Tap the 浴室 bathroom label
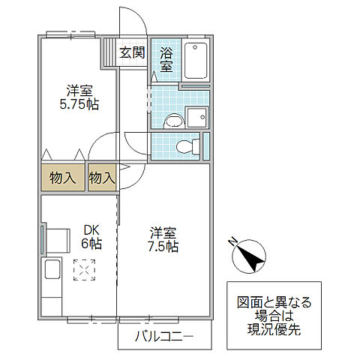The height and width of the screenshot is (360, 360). click(166, 60)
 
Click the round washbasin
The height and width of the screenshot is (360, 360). click(174, 118)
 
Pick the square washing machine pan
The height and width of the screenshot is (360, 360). click(198, 117)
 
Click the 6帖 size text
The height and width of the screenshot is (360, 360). click(91, 244)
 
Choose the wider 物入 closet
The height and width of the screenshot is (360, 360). click(63, 178)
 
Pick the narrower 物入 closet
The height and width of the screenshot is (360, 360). click(102, 178)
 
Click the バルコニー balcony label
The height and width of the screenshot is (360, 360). click(163, 336)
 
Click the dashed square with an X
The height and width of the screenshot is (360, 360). click(85, 268)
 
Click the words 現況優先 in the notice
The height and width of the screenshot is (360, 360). click(274, 330)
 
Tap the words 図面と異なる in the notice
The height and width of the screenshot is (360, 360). click(274, 303)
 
